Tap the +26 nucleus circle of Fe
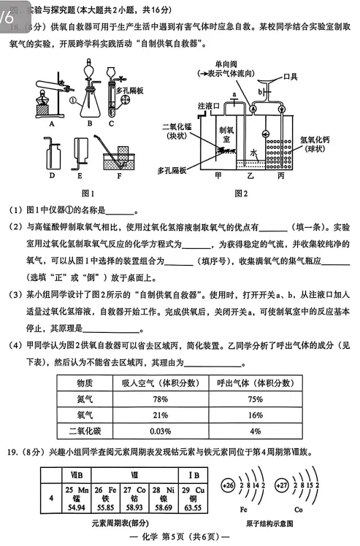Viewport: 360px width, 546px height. (x=228, y=485)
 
